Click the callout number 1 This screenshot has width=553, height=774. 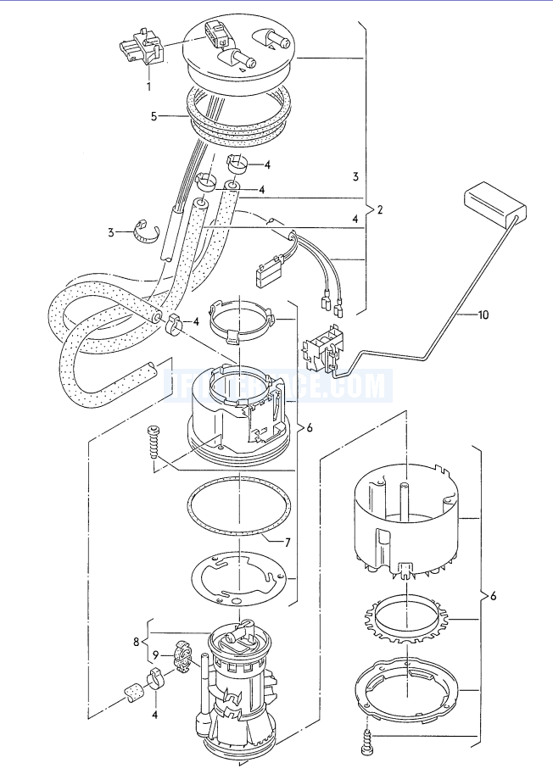149,86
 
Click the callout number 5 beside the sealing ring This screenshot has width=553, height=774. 154,116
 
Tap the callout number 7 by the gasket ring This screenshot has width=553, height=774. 287,541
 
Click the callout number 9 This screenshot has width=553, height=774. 155,655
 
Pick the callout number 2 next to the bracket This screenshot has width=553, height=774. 379,209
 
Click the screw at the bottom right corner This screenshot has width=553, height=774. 368,741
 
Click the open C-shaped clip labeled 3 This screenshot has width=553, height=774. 148,231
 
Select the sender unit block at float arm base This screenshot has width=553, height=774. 327,348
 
